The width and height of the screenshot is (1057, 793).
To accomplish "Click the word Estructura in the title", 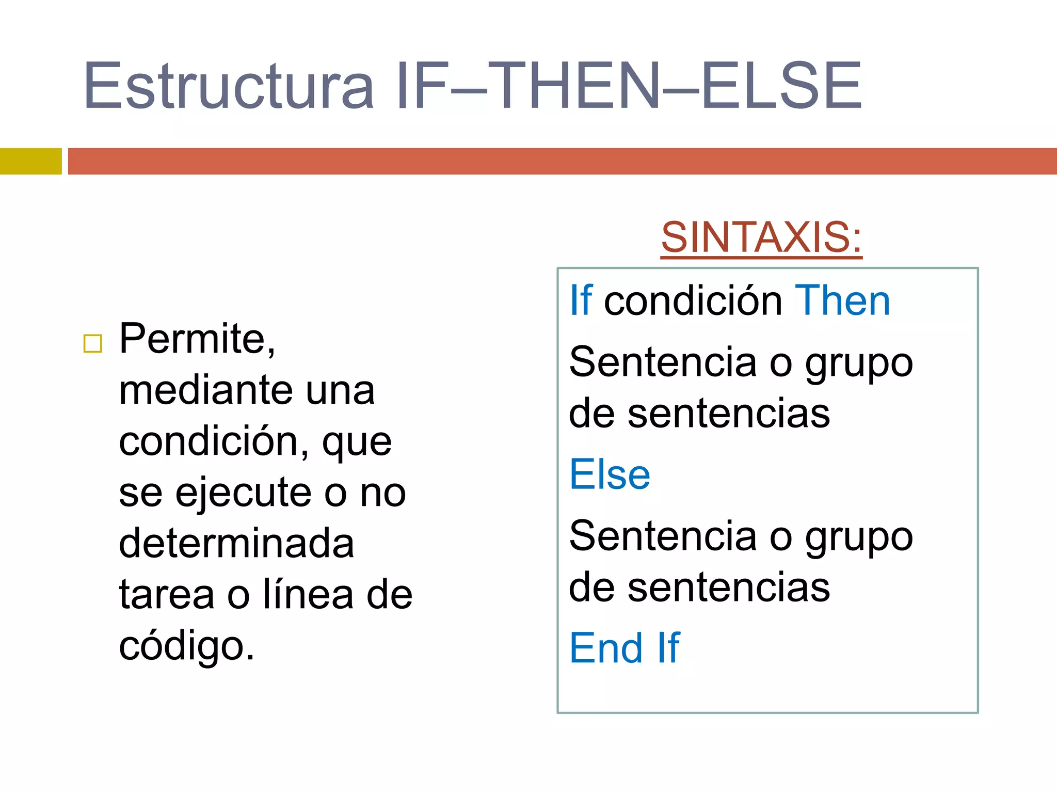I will point(228,86).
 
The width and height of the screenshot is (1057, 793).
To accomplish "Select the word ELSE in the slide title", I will point(781,86).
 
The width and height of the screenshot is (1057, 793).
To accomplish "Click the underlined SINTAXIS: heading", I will point(761,237).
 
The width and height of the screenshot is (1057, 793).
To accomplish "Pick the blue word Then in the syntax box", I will point(843,301).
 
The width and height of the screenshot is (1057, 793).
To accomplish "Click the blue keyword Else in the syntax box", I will point(610,475).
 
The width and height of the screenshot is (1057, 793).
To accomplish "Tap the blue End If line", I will point(624,648).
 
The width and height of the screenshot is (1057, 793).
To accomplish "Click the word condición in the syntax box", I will point(693,301).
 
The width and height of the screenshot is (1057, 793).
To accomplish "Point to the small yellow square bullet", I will point(93,343).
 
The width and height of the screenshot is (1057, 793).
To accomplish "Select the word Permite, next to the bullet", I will point(197,339).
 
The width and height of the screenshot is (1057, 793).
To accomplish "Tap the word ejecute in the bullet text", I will point(243,493).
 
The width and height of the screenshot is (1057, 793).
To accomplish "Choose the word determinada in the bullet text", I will point(236,544).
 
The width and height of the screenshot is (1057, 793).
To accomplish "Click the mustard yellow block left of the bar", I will point(30,161).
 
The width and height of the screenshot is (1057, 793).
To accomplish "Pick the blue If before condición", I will point(581,301).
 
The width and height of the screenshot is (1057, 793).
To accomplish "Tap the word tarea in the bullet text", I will point(166,595).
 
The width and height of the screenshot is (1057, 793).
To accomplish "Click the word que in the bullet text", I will point(357,443).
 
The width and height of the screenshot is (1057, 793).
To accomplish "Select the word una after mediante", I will point(340,390).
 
